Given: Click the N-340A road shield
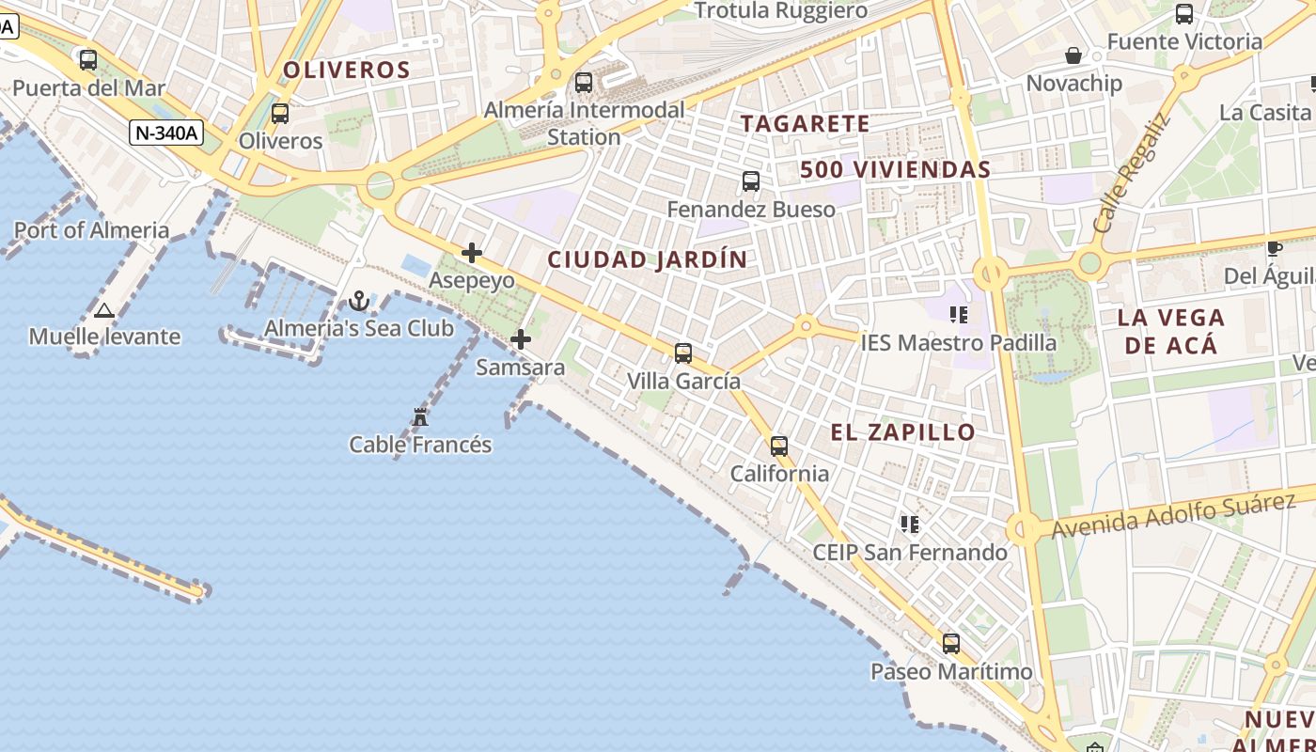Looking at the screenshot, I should pyautogui.click(x=166, y=133).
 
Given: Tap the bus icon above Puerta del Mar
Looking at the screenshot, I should pyautogui.click(x=88, y=60).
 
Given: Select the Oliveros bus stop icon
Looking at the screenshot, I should pyautogui.click(x=279, y=114).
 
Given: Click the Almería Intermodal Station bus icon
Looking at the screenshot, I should pyautogui.click(x=584, y=83).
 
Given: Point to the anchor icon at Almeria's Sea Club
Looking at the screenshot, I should pyautogui.click(x=358, y=301).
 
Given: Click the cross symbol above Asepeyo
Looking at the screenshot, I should pyautogui.click(x=472, y=253).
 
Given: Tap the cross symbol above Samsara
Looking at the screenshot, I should pyautogui.click(x=521, y=339).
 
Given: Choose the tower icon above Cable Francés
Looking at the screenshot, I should pyautogui.click(x=420, y=416).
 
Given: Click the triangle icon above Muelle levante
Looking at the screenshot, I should pyautogui.click(x=104, y=310).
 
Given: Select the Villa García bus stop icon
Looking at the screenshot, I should pyautogui.click(x=683, y=353).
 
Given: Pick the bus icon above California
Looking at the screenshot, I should pyautogui.click(x=779, y=446).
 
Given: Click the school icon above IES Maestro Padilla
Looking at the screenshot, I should pyautogui.click(x=959, y=314).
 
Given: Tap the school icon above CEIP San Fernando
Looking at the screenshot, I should pyautogui.click(x=909, y=524).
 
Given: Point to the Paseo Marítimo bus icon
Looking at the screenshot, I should pyautogui.click(x=951, y=644).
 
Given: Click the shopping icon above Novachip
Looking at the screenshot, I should pyautogui.click(x=1073, y=56).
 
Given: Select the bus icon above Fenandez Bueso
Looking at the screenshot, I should pyautogui.click(x=751, y=181).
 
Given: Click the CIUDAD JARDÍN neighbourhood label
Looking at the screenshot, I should pyautogui.click(x=648, y=259).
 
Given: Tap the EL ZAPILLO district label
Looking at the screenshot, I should pyautogui.click(x=903, y=432).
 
